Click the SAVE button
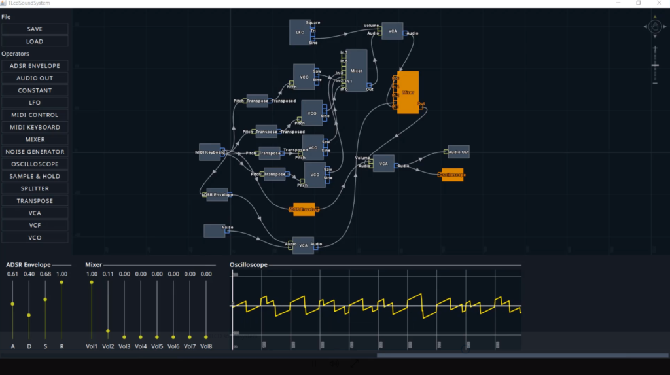[35, 29]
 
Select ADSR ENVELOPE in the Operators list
[35, 65]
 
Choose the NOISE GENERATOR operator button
[35, 152]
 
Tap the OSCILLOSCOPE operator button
[35, 164]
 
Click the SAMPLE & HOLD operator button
[35, 176]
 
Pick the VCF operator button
[35, 225]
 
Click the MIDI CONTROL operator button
[35, 115]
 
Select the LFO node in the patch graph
[300, 32]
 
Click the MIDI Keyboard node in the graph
[209, 152]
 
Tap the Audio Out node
[459, 152]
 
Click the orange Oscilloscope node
[452, 175]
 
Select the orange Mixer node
[408, 92]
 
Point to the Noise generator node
[214, 230]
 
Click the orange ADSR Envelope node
[304, 209]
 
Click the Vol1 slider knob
[92, 282]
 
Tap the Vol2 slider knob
[108, 331]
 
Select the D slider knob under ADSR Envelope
[29, 315]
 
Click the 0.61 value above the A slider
[12, 274]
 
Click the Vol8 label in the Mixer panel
[206, 346]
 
